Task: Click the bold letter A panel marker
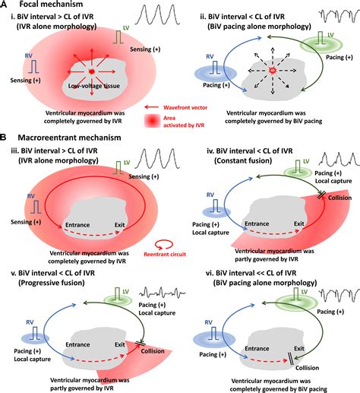tap(5, 5)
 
